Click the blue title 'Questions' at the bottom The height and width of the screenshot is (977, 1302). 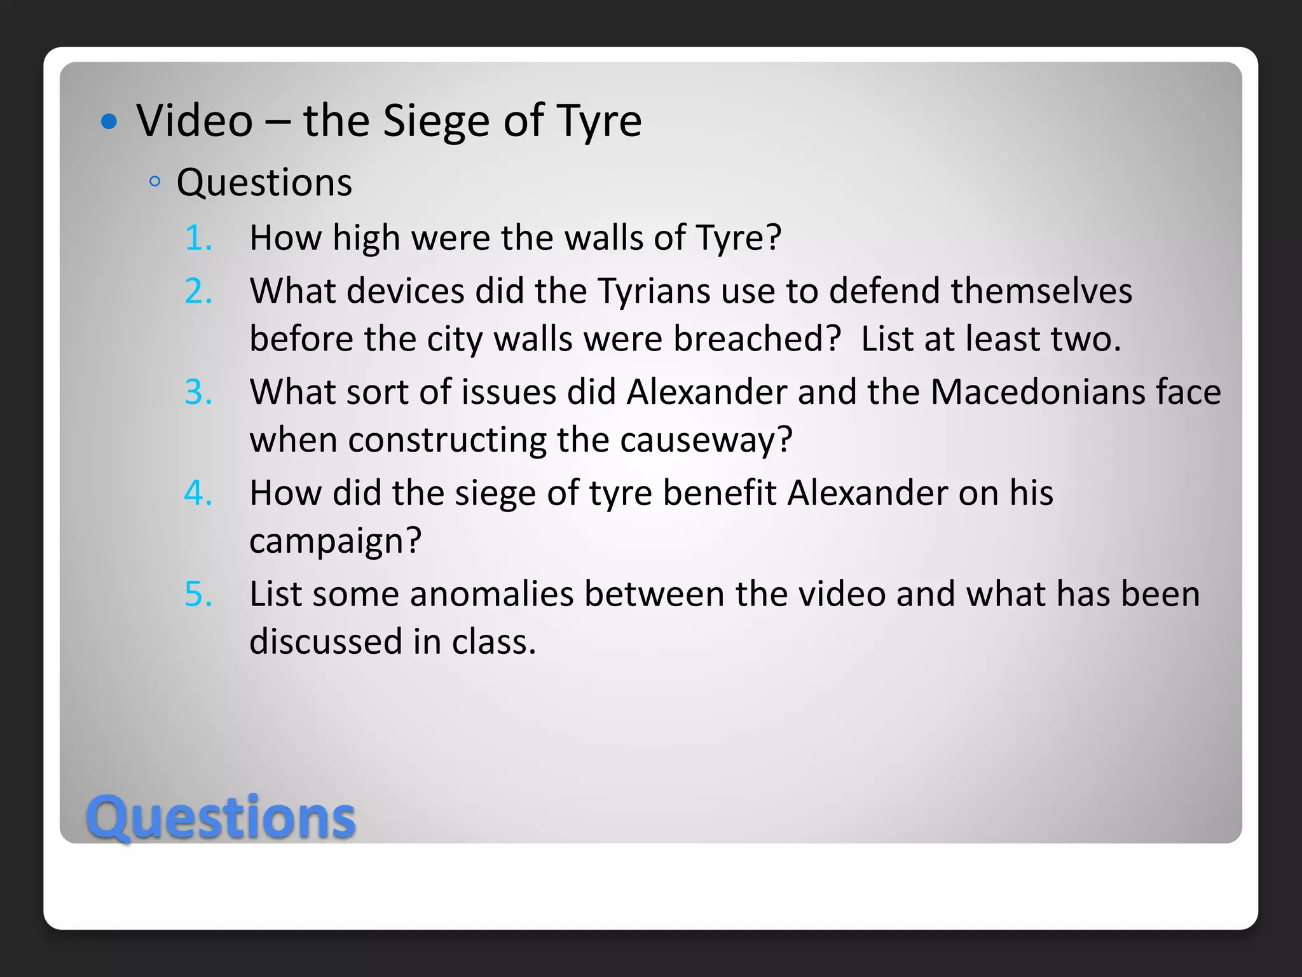[x=221, y=817]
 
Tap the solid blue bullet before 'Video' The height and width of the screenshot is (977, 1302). [x=109, y=121]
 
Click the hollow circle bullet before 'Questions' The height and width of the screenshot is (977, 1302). [x=154, y=183]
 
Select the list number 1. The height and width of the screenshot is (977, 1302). [x=198, y=239]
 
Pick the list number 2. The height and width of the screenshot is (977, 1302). [x=198, y=291]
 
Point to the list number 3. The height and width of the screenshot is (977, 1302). [x=198, y=392]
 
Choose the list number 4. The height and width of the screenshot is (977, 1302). [x=198, y=494]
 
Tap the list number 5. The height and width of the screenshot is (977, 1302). [x=198, y=595]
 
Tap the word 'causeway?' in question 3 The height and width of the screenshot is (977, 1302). [x=706, y=440]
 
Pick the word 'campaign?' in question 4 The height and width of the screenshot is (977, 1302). [x=335, y=541]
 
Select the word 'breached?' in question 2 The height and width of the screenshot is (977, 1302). [x=757, y=339]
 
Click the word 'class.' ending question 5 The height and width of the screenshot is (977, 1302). [x=494, y=642]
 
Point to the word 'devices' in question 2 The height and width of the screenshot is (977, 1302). [x=406, y=291]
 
